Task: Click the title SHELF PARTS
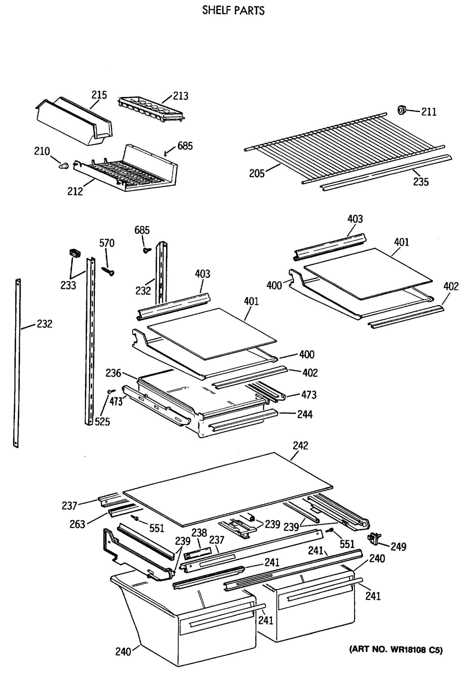233,11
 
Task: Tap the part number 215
99,95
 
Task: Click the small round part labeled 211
401,110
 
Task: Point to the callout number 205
257,174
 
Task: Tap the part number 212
75,192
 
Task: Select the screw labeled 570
108,271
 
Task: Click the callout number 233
68,285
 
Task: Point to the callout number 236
113,373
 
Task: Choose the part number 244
305,414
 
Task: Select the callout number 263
77,524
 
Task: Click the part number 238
199,533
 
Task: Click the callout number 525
102,422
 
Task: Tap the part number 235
420,182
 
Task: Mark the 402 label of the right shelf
451,286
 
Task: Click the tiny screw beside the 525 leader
112,392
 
